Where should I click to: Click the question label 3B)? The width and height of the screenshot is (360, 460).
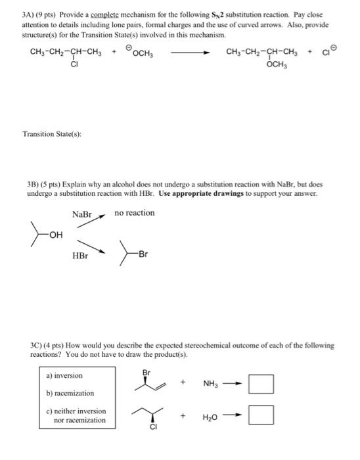point(35,185)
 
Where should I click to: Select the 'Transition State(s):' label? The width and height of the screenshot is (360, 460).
point(52,135)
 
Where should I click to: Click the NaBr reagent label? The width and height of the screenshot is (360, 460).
point(81,214)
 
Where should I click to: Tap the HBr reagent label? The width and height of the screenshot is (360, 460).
point(80,256)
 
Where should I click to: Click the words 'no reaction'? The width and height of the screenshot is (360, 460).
point(134,213)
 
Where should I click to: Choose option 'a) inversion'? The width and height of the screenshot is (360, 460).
point(64,376)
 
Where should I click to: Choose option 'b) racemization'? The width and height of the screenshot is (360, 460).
point(70,393)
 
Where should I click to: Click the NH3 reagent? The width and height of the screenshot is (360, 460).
point(212,382)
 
